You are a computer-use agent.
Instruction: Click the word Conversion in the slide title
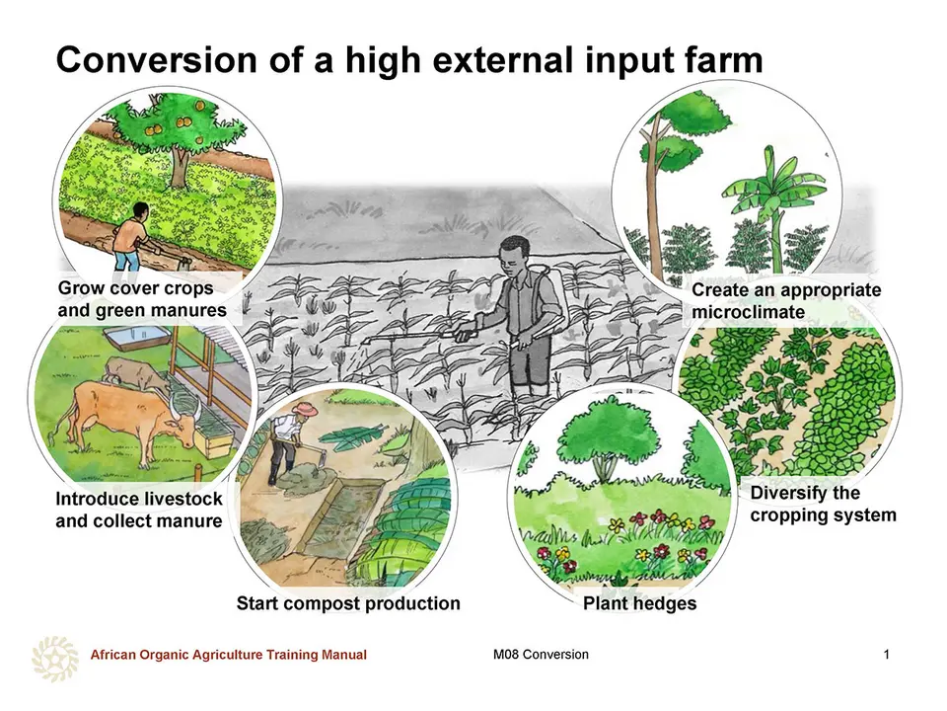pyautogui.click(x=157, y=60)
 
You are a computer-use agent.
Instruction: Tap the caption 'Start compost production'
pyautogui.click(x=348, y=603)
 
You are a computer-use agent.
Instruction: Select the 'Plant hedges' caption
pyautogui.click(x=639, y=603)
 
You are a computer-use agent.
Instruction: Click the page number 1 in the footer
pyautogui.click(x=886, y=654)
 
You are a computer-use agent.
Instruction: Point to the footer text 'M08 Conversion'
pyautogui.click(x=541, y=654)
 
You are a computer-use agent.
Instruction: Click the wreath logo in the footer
pyautogui.click(x=55, y=659)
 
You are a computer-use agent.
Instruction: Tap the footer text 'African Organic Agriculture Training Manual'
pyautogui.click(x=228, y=654)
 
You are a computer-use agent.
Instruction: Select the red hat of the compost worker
pyautogui.click(x=305, y=408)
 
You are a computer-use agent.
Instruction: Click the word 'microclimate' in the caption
pyautogui.click(x=748, y=312)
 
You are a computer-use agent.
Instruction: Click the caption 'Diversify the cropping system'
pyautogui.click(x=823, y=504)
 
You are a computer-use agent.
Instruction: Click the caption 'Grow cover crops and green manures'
pyautogui.click(x=142, y=299)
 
